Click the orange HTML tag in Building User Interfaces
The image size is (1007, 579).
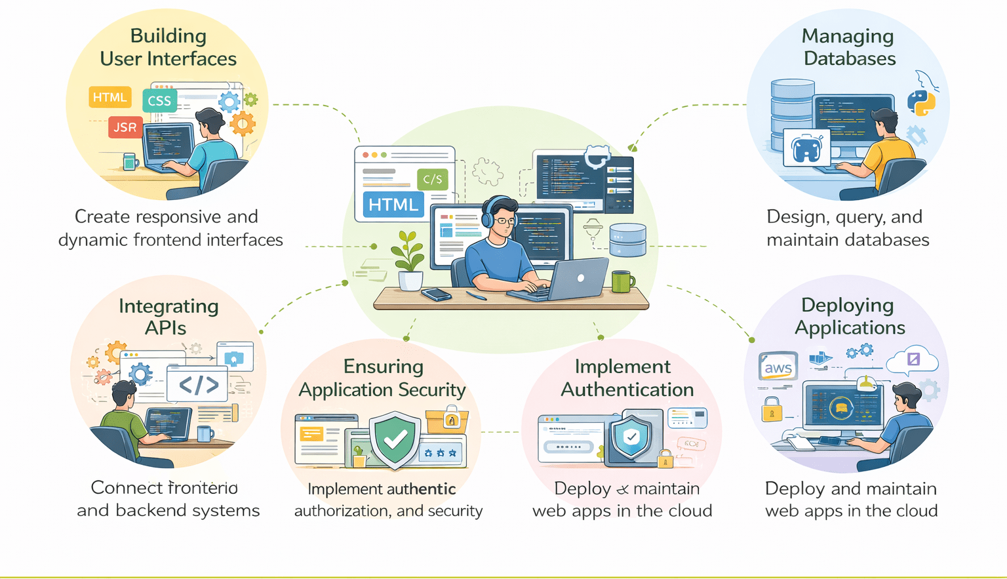pos(109,98)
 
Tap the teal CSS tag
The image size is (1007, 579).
pos(159,101)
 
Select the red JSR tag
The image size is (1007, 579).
pos(125,127)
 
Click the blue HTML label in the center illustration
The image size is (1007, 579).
pos(393,205)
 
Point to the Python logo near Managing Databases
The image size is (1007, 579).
pos(921,103)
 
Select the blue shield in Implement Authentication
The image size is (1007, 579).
pos(631,437)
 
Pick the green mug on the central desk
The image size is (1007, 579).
pos(622,281)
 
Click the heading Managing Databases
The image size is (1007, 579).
pos(848,47)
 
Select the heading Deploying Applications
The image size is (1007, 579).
pos(849,316)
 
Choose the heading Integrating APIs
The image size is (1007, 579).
pos(168,317)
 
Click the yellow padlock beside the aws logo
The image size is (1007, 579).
pos(772,410)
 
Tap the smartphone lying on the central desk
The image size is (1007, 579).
pos(437,294)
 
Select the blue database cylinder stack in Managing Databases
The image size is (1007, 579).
pos(792,108)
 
